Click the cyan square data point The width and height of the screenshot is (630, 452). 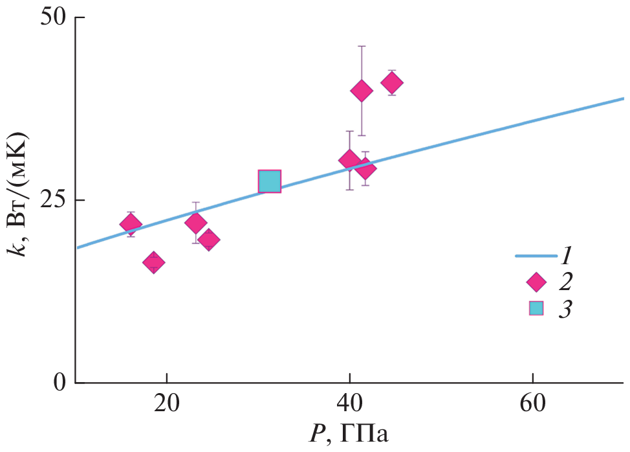[x=270, y=182]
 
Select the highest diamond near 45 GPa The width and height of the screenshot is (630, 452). [x=392, y=83]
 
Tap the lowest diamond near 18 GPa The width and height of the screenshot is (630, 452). [x=153, y=262]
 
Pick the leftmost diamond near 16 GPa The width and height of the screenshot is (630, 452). [x=131, y=224]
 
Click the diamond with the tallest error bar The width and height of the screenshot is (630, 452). [x=362, y=91]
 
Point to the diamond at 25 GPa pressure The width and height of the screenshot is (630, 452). [x=208, y=240]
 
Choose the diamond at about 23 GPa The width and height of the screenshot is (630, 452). [x=195, y=223]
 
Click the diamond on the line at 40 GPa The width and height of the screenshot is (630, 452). [x=350, y=161]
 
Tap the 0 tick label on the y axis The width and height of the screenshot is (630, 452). [x=60, y=383]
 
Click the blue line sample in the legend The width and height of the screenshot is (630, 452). [x=536, y=256]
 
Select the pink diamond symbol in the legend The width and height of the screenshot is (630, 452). [x=536, y=282]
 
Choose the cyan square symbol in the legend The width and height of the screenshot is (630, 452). [x=536, y=308]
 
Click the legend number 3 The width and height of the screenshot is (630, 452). [x=565, y=310]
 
